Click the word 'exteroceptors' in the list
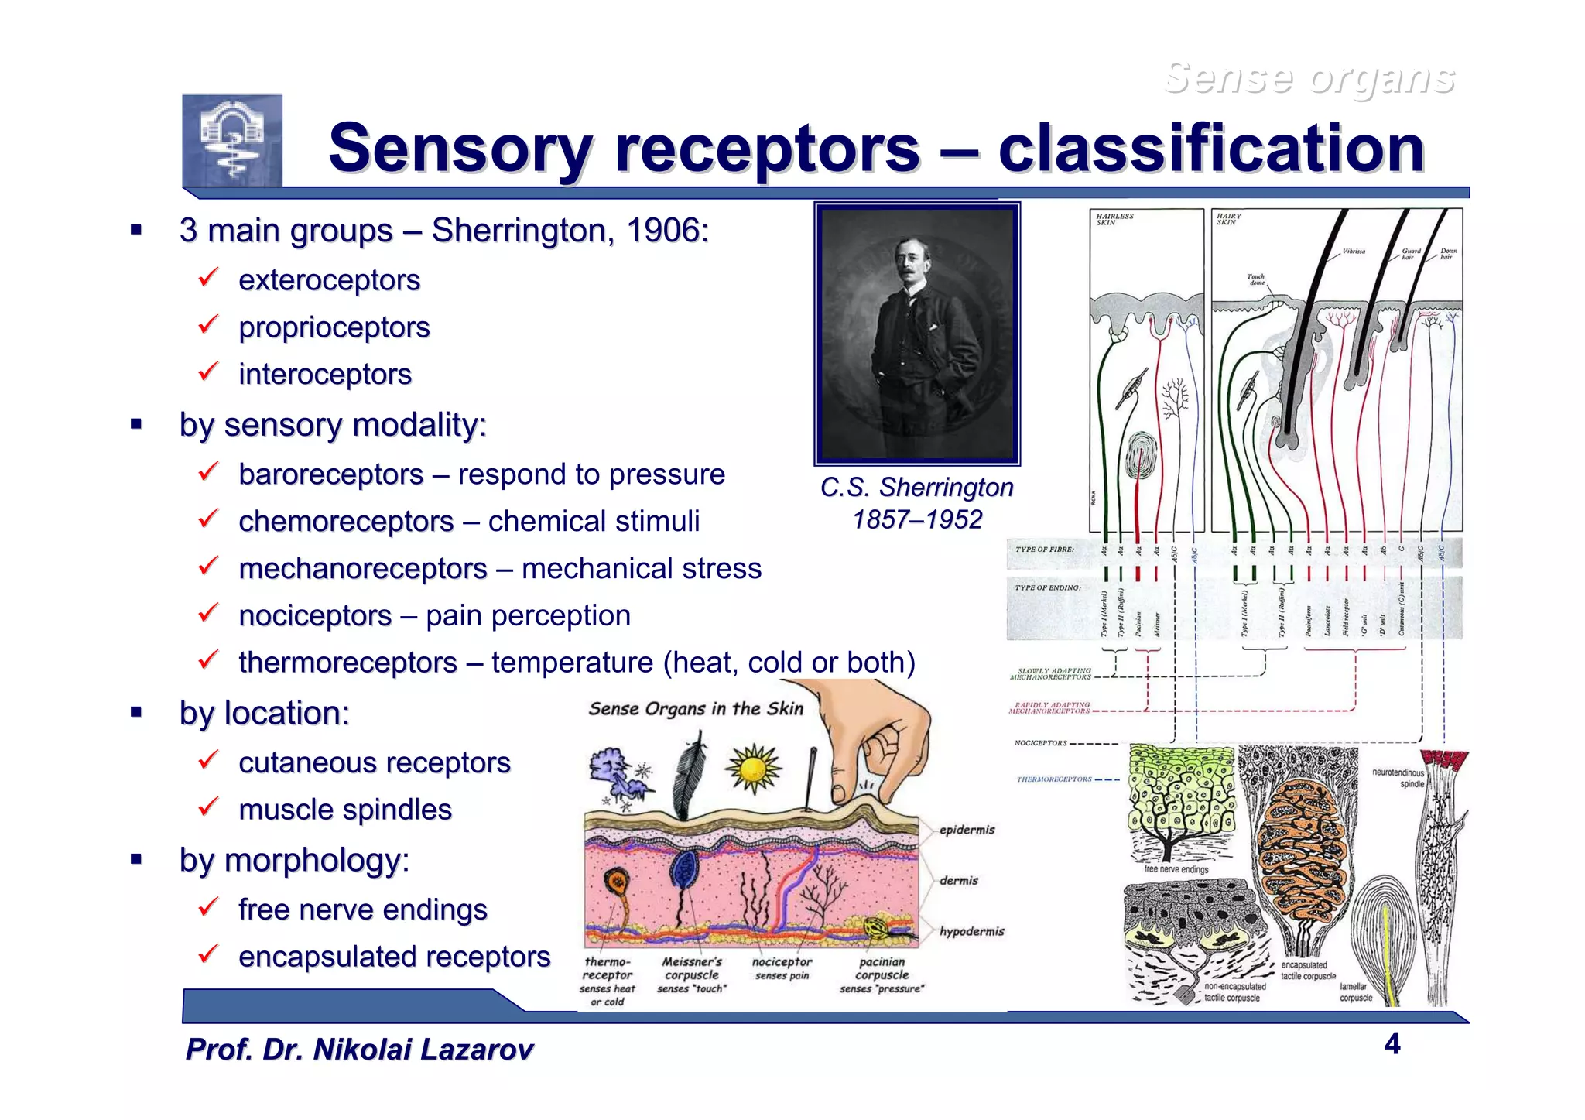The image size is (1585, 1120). point(329,280)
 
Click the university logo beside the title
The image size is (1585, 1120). point(232,141)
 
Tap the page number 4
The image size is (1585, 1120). point(1392,1044)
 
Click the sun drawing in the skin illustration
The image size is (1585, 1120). point(753,769)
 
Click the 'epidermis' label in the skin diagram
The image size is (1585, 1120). point(967,830)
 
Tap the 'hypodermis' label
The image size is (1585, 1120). point(971,931)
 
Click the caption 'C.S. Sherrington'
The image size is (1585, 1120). point(916,488)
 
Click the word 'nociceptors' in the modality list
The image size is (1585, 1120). point(315,616)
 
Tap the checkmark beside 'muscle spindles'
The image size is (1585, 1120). point(208,807)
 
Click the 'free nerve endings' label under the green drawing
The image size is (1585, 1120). point(1176,869)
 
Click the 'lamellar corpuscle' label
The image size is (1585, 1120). point(1355,992)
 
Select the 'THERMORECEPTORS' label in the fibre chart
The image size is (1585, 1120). point(1053,779)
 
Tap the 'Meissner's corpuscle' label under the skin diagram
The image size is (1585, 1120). point(691,968)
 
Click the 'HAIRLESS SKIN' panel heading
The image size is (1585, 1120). point(1114,219)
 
